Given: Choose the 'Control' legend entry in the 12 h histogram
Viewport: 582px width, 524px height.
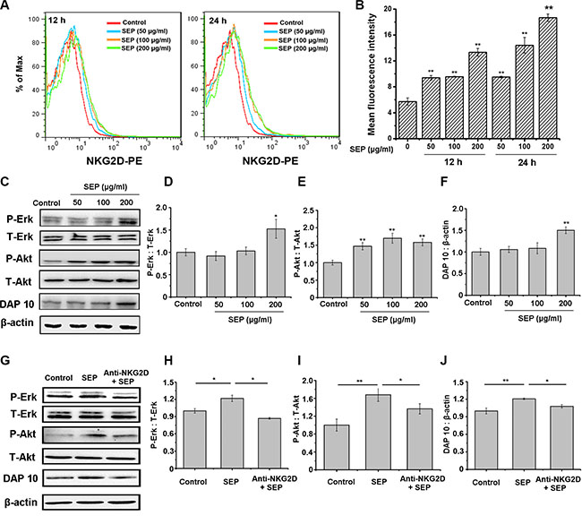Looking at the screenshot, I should click(115, 18).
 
